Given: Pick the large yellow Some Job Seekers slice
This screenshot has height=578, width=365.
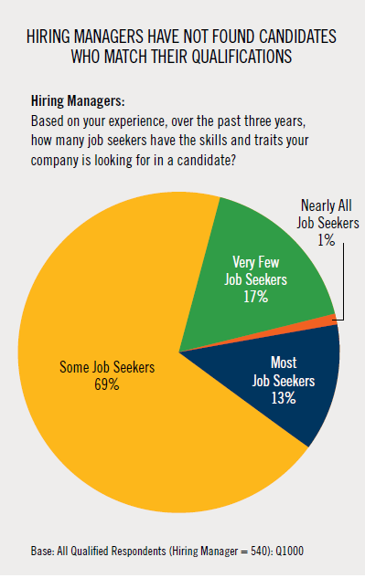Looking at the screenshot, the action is pyautogui.click(x=111, y=369).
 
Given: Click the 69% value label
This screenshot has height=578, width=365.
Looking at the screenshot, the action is pyautogui.click(x=107, y=384).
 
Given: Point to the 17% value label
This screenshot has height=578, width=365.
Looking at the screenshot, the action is pyautogui.click(x=255, y=297).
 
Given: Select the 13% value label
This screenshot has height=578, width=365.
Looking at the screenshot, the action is pyautogui.click(x=284, y=398).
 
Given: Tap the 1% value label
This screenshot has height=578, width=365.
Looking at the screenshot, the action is pyautogui.click(x=327, y=240).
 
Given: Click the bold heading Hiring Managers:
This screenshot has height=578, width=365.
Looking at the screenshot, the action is pyautogui.click(x=78, y=100).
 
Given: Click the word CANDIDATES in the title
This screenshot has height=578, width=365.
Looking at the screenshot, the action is pyautogui.click(x=298, y=37).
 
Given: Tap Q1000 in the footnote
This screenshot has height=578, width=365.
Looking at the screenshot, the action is pyautogui.click(x=290, y=552).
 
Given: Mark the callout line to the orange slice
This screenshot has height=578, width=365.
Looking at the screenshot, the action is pyautogui.click(x=343, y=281).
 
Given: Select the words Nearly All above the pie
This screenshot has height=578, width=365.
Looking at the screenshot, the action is pyautogui.click(x=327, y=205).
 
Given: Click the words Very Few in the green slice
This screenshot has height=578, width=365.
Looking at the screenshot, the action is pyautogui.click(x=255, y=262).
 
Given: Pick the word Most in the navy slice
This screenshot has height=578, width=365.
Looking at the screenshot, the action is pyautogui.click(x=284, y=363).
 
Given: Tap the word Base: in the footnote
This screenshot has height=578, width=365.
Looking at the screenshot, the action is pyautogui.click(x=43, y=552).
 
